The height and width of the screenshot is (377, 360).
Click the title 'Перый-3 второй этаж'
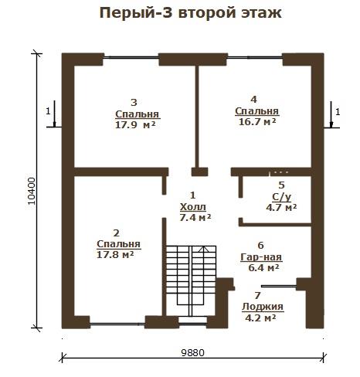[x=191, y=13]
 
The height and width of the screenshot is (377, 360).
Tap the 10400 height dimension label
[x=32, y=191]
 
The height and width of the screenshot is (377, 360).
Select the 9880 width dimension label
[x=192, y=352]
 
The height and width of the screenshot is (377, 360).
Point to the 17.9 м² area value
[x=135, y=125]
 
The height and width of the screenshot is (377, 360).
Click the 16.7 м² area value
[x=257, y=121]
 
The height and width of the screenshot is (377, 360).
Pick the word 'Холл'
[x=193, y=207]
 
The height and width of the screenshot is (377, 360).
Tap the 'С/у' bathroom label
[x=282, y=197]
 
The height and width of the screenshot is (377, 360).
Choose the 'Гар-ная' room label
[x=261, y=257]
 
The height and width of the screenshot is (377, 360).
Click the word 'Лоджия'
[x=263, y=307]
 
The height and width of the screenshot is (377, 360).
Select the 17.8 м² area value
[x=115, y=255]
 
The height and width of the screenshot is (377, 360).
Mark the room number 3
[x=134, y=103]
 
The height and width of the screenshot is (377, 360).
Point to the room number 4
[x=254, y=100]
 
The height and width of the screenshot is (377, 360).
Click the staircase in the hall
[x=191, y=280]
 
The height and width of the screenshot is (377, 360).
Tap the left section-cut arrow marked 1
[x=54, y=114]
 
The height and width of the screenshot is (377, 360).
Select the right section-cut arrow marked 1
[x=331, y=114]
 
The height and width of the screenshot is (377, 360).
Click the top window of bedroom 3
[x=131, y=57]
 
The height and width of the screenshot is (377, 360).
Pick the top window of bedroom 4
[x=255, y=57]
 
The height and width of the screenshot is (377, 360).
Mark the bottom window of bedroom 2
[x=117, y=324]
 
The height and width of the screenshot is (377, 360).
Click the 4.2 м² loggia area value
[x=260, y=318]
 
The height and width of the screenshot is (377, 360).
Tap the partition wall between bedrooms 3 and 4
[x=197, y=117]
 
